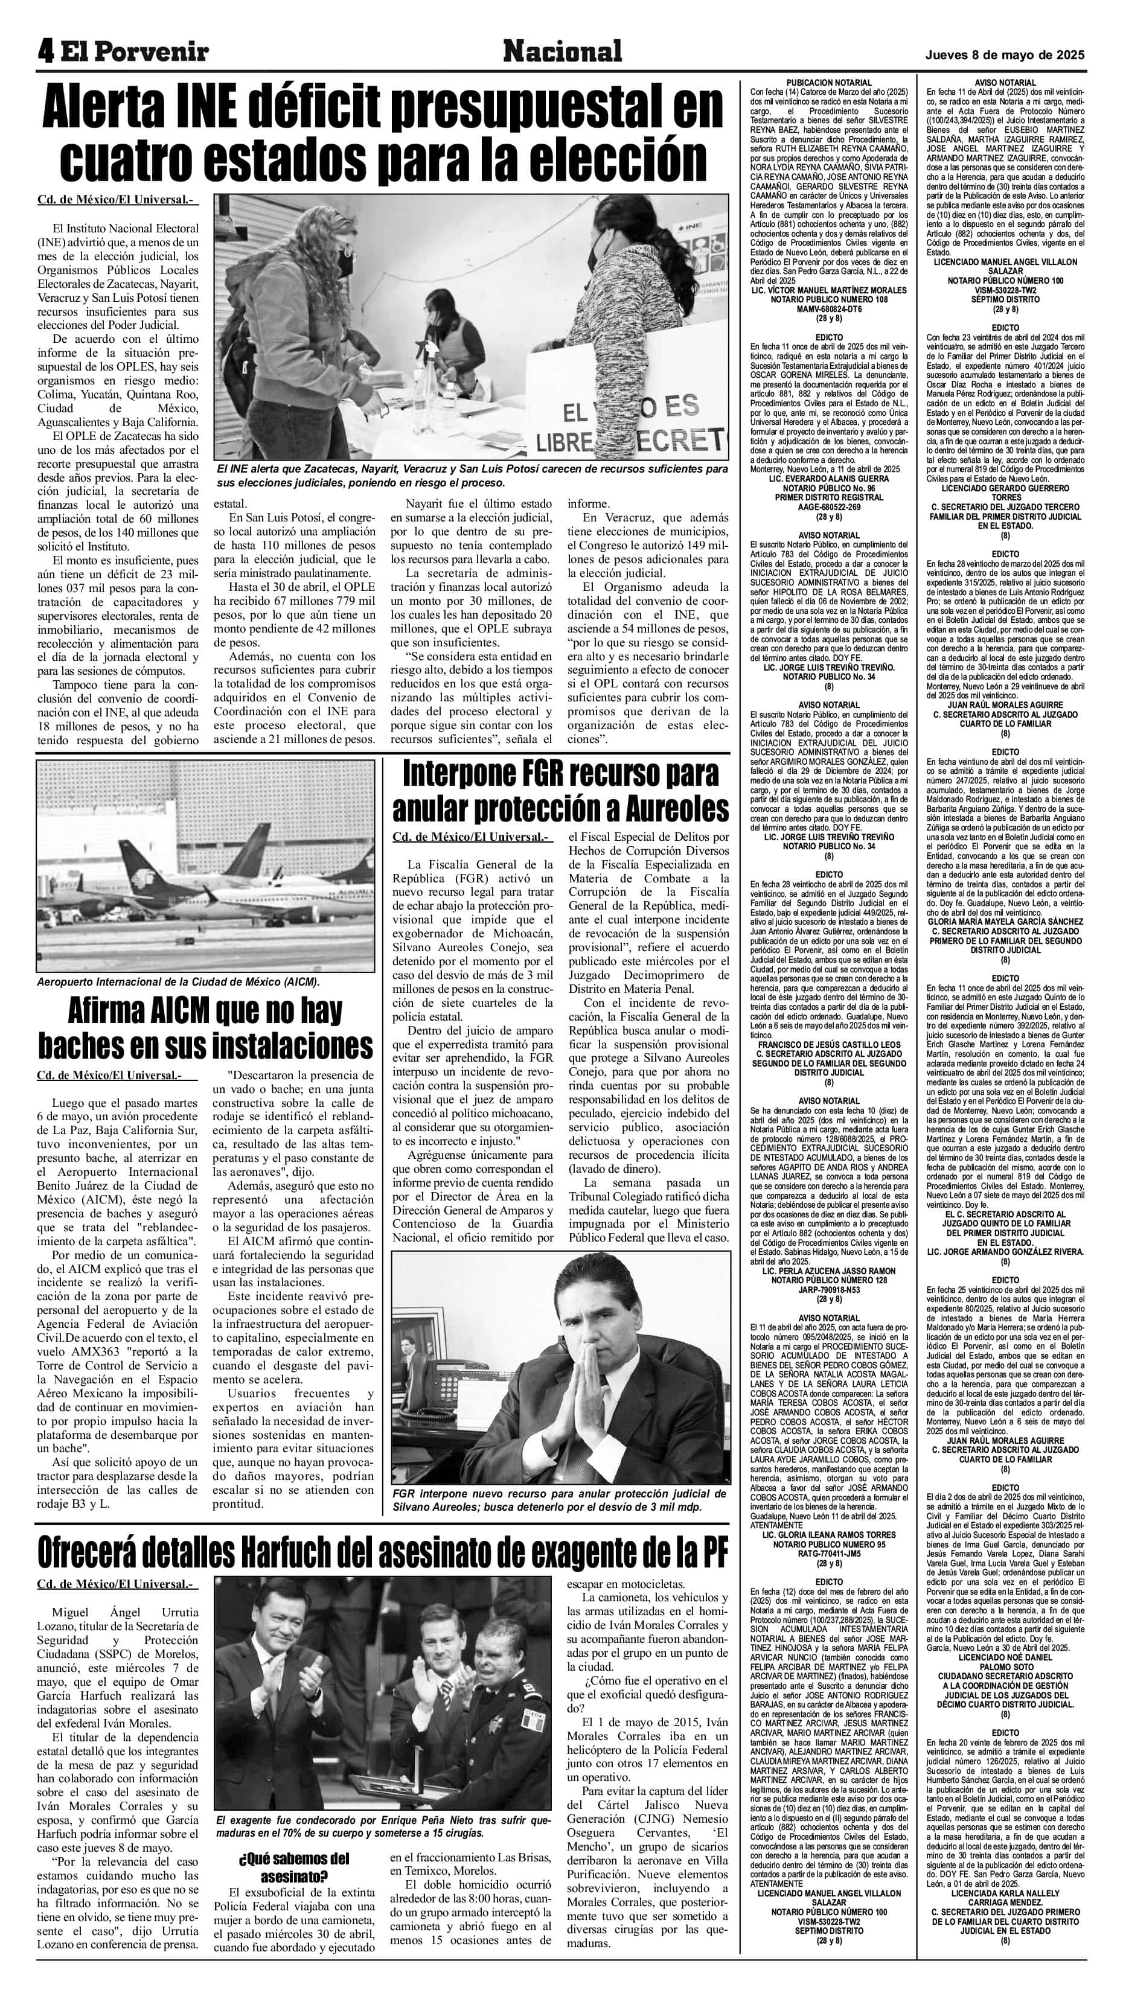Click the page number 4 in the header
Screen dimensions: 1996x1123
(x=46, y=52)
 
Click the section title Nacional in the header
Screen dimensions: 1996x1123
(x=562, y=52)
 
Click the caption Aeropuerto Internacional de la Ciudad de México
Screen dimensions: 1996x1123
(x=178, y=982)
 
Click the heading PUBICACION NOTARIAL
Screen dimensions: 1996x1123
(x=828, y=82)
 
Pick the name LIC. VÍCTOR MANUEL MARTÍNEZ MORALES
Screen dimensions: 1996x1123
(x=828, y=290)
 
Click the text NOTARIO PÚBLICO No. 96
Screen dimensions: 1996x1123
(x=828, y=488)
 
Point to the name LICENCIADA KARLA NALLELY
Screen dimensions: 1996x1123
(x=1006, y=1890)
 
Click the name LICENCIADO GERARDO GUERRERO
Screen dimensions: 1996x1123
(x=1006, y=489)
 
